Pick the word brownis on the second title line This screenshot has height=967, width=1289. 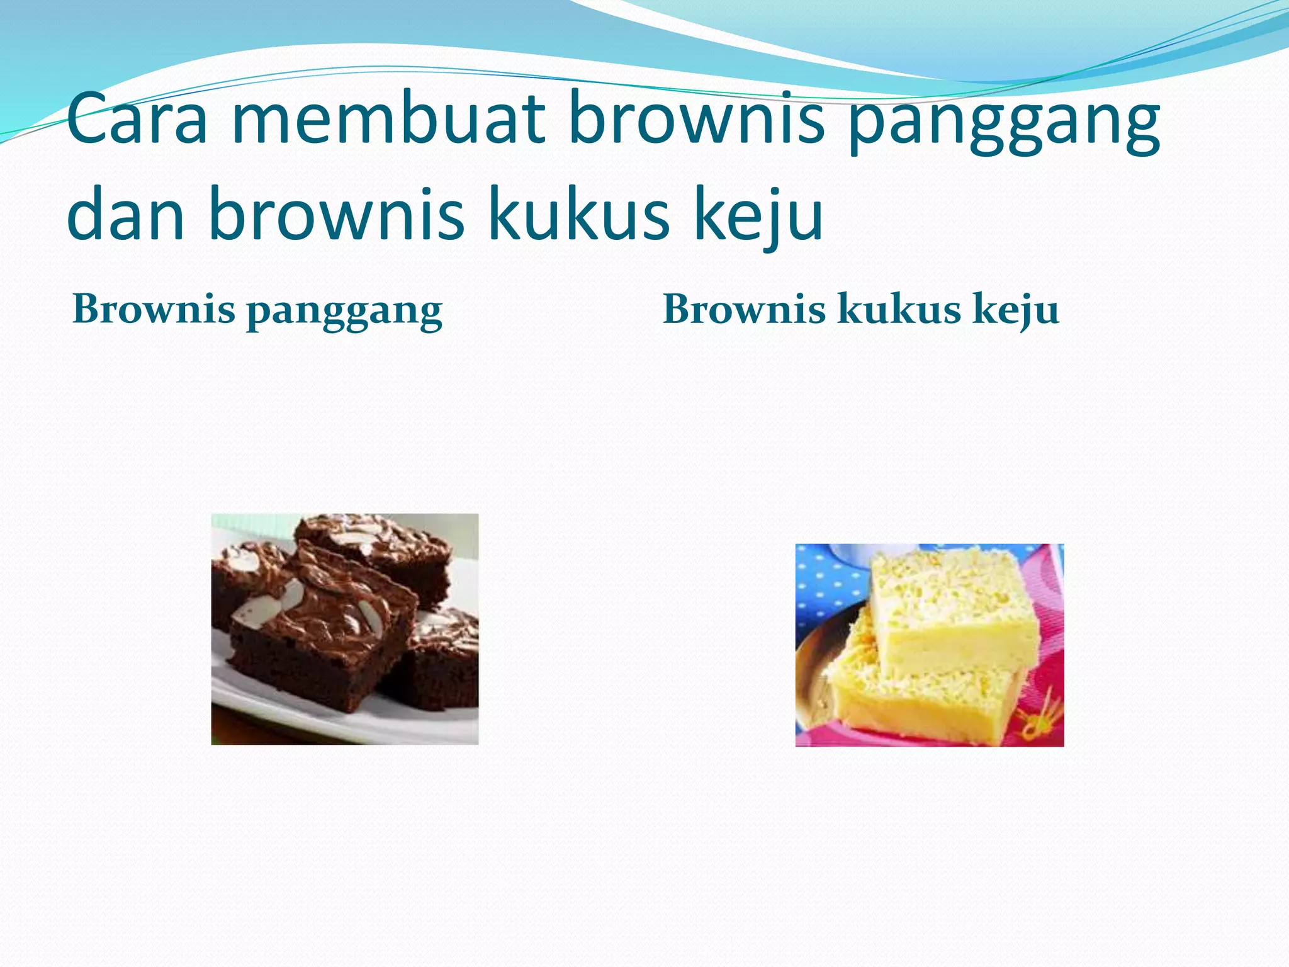click(x=336, y=214)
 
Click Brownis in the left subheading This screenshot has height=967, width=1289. click(x=154, y=310)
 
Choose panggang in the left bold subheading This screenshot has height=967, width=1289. click(x=344, y=313)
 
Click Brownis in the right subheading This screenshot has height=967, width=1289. click(x=744, y=310)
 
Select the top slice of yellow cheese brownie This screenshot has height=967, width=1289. click(x=950, y=604)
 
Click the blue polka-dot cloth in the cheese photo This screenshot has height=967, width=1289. click(x=825, y=579)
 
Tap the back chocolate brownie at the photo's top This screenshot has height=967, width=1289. click(x=378, y=541)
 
